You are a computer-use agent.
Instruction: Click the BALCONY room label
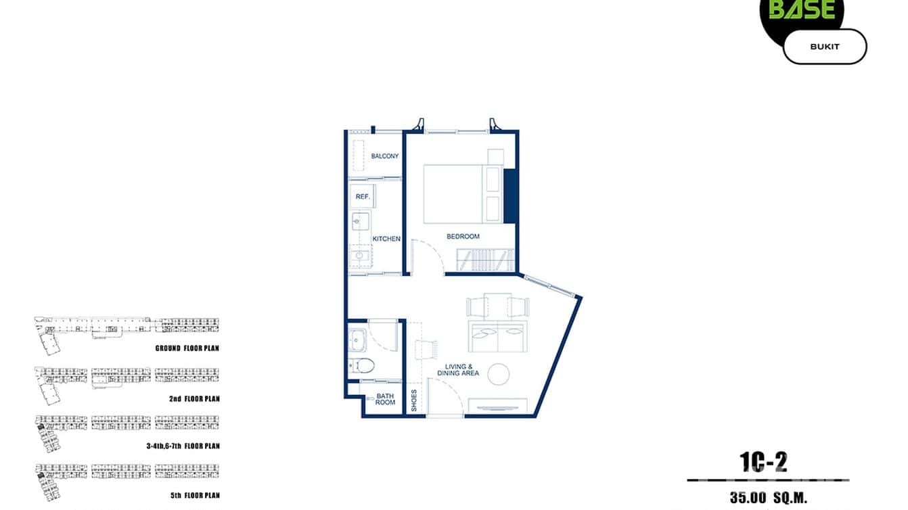pos(384,156)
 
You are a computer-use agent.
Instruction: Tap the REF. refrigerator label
pos(361,197)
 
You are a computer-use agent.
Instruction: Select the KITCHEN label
pos(386,239)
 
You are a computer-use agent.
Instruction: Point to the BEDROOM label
pos(463,237)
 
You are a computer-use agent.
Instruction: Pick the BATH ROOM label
pos(385,398)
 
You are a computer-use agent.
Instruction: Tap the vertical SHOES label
pos(415,400)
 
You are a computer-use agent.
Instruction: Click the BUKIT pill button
pos(824,47)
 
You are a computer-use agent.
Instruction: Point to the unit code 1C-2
pos(763,462)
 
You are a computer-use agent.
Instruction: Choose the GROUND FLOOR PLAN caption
pos(187,348)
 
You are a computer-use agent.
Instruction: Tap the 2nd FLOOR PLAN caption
pos(194,399)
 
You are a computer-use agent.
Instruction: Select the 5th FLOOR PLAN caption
pos(195,495)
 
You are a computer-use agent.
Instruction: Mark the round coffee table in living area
pos(499,374)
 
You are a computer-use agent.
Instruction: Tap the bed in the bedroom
pos(453,193)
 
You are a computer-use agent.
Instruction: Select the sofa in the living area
pos(497,336)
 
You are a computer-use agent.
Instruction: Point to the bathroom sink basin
pos(357,339)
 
